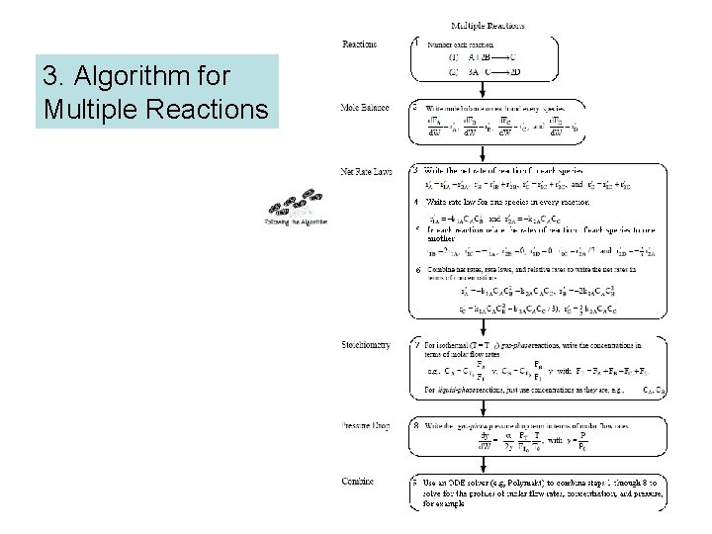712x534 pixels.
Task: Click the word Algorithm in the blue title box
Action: pyautogui.click(x=182, y=76)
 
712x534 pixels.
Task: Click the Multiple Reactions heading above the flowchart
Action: pyautogui.click(x=488, y=26)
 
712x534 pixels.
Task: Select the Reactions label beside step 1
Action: pyautogui.click(x=358, y=44)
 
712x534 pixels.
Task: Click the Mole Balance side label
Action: pyautogui.click(x=364, y=107)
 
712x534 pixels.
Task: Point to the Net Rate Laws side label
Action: pyautogui.click(x=366, y=171)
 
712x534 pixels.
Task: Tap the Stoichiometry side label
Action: pyautogui.click(x=365, y=345)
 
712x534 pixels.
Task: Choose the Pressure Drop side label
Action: pyautogui.click(x=365, y=425)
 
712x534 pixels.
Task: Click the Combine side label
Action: pyautogui.click(x=357, y=482)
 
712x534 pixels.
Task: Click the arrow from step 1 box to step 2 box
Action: pyautogui.click(x=483, y=89)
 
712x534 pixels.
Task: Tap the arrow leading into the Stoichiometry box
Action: pyautogui.click(x=483, y=327)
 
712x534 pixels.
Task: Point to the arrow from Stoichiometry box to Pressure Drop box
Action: pyautogui.click(x=483, y=408)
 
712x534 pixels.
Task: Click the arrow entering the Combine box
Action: pyautogui.click(x=483, y=465)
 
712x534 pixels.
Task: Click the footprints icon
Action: pyautogui.click(x=296, y=204)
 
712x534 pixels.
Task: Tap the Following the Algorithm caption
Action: pyautogui.click(x=296, y=222)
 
